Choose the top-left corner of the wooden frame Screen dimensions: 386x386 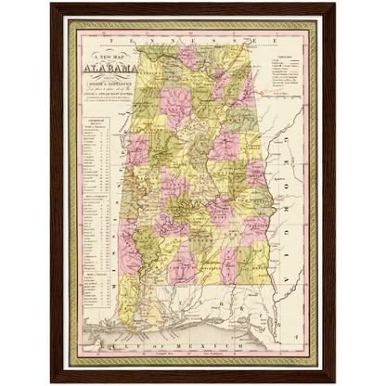[x=51, y=5]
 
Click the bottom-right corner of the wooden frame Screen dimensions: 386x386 [x=335, y=381]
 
